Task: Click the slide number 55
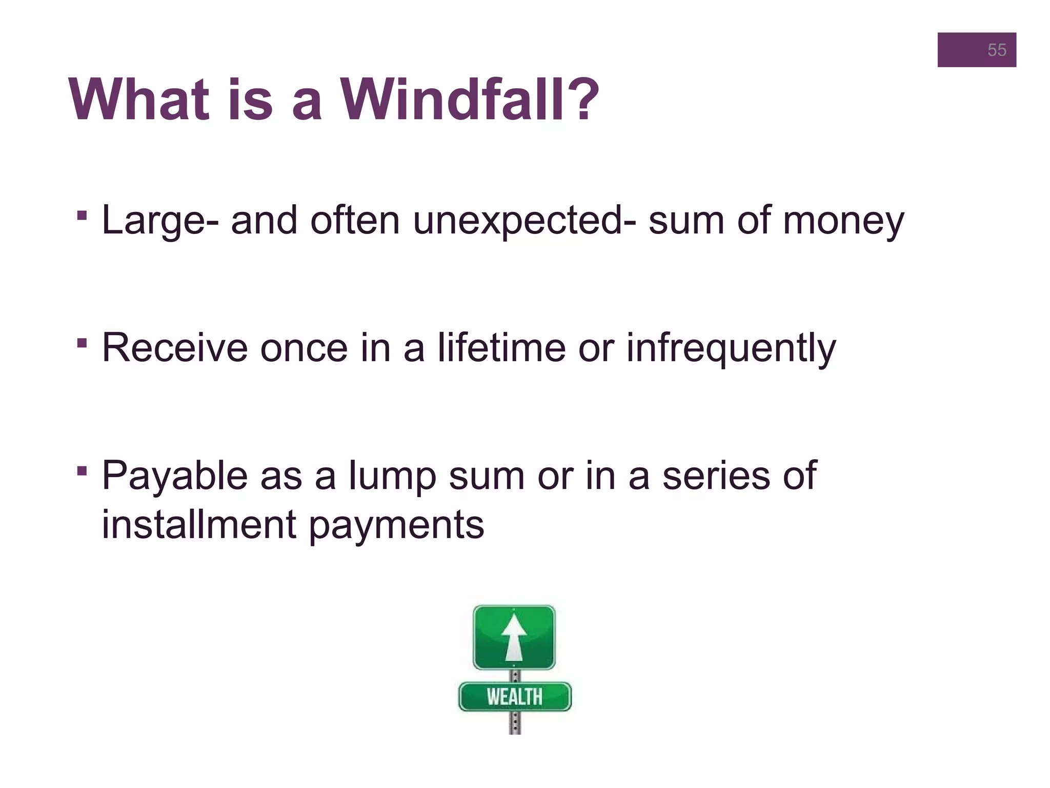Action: pyautogui.click(x=996, y=50)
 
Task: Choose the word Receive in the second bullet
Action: pyautogui.click(x=174, y=348)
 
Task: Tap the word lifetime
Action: pyautogui.click(x=501, y=348)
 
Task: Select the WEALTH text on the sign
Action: pyautogui.click(x=514, y=697)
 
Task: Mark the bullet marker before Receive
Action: pyautogui.click(x=82, y=342)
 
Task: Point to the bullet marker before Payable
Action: pyautogui.click(x=82, y=470)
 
